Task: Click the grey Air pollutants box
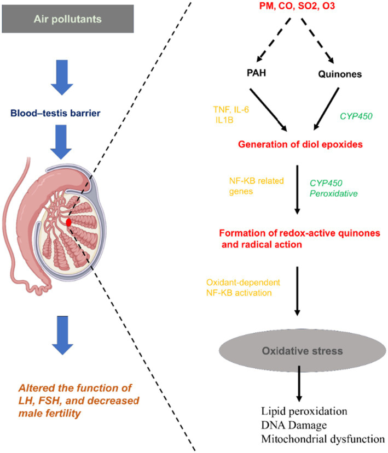click(x=68, y=19)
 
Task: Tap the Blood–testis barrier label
click(x=55, y=113)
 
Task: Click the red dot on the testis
click(x=68, y=222)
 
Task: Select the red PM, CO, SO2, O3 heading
click(x=297, y=6)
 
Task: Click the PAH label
click(x=256, y=73)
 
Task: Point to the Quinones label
click(x=340, y=74)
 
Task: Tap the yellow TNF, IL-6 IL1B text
click(x=231, y=115)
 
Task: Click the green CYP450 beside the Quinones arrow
click(x=356, y=116)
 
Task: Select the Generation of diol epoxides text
click(x=300, y=144)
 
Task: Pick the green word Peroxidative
click(x=334, y=193)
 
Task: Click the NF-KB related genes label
click(x=257, y=186)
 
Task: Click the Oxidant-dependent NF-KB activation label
click(x=243, y=287)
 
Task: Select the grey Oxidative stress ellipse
click(x=303, y=350)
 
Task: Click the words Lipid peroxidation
click(x=304, y=411)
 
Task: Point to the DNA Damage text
click(x=294, y=425)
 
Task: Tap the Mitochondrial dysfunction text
click(x=323, y=439)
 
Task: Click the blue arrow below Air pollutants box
click(x=62, y=78)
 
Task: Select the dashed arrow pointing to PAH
click(x=274, y=40)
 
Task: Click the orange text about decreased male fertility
click(x=79, y=401)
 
